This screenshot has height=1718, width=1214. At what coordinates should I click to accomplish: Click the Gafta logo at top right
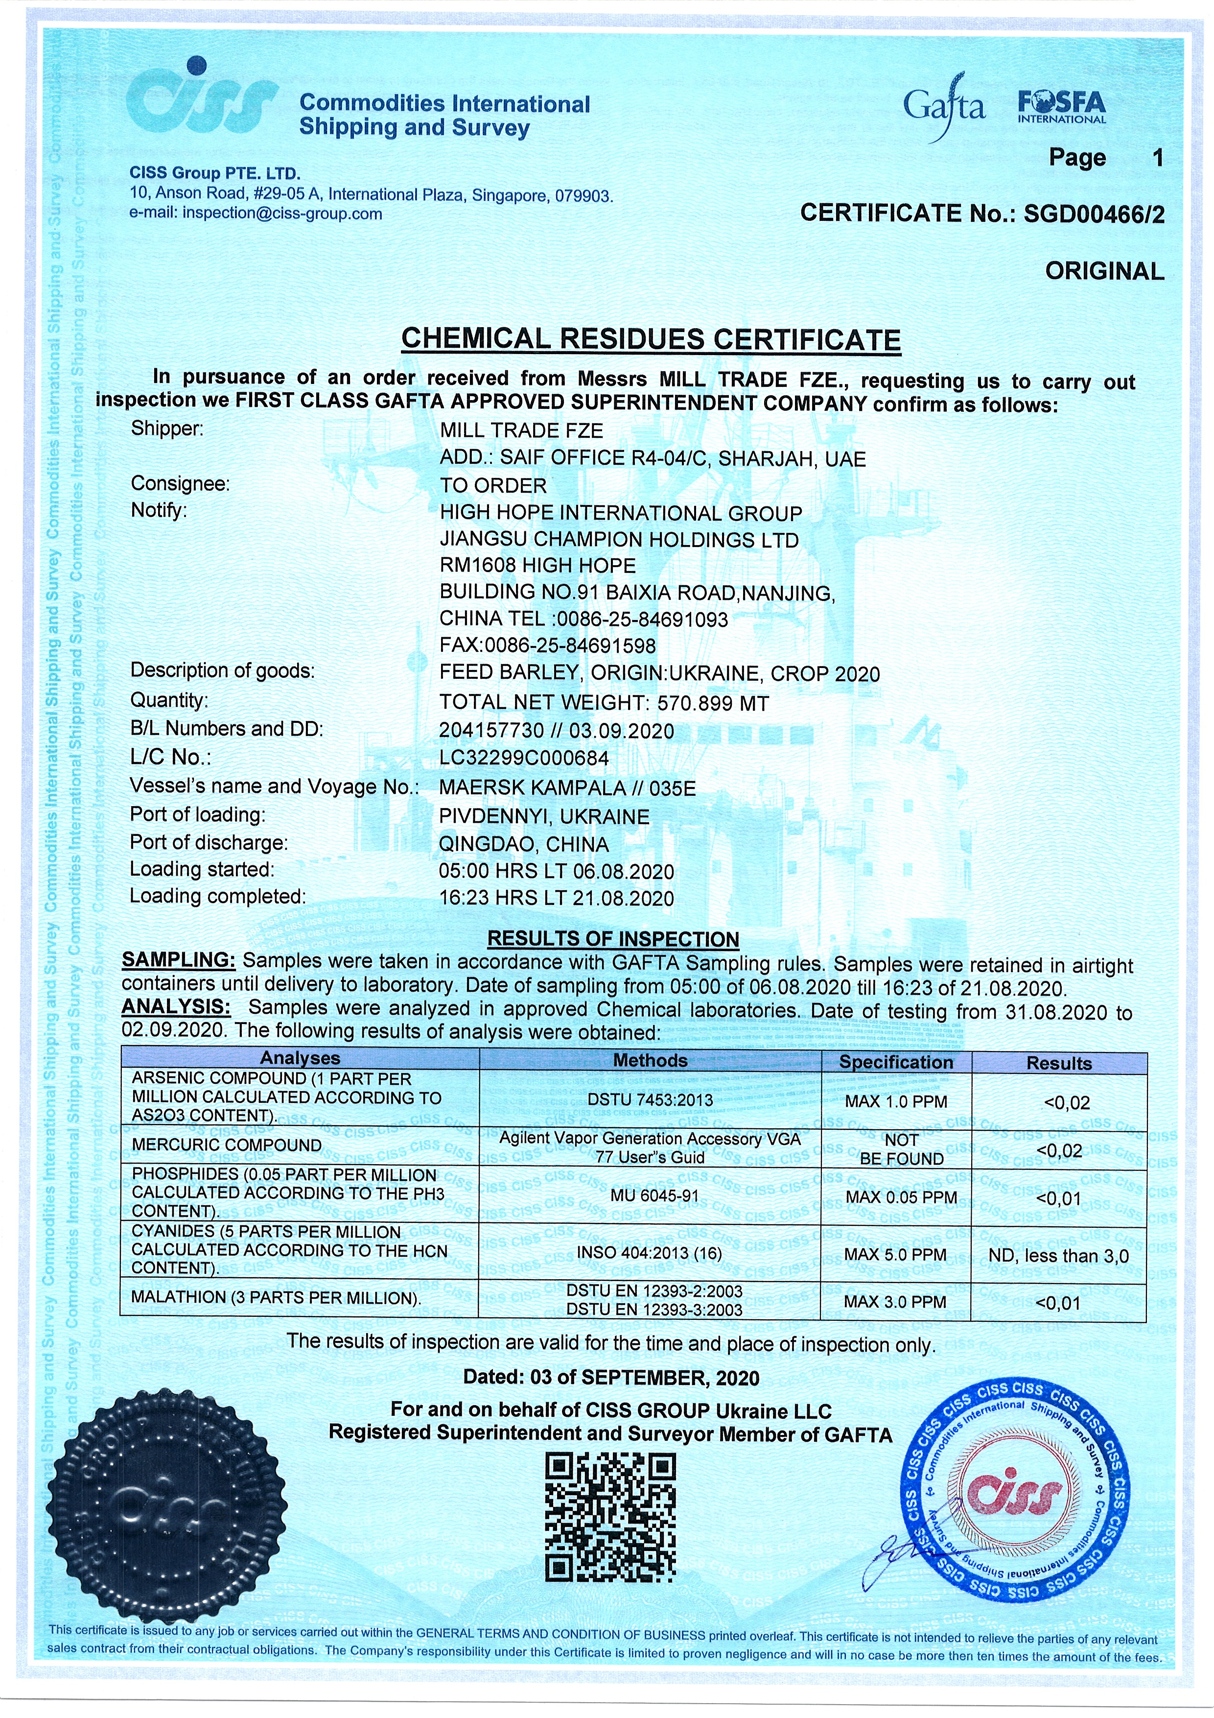(943, 107)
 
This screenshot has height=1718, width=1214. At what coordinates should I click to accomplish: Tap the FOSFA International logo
(1061, 107)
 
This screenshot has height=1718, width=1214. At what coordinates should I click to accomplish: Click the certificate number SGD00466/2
(1094, 214)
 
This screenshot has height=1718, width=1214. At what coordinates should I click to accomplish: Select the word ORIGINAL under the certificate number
(1104, 271)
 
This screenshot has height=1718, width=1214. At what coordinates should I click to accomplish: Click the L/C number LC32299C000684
(524, 758)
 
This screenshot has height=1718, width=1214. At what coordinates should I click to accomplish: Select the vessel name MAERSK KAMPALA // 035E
(567, 788)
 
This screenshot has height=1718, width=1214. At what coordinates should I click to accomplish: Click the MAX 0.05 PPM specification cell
(901, 1197)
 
